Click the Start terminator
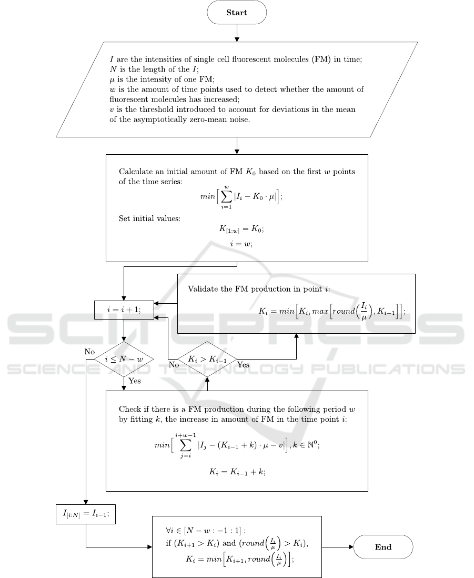[237, 12]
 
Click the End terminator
[383, 547]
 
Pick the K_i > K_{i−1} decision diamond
[207, 359]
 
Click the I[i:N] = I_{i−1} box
[85, 514]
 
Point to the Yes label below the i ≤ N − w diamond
[135, 381]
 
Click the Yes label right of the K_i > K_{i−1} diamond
[243, 364]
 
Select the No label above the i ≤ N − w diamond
[90, 351]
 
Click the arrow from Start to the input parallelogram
[237, 33]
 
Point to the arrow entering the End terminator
[337, 547]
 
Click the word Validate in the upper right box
[202, 289]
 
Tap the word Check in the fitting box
[129, 409]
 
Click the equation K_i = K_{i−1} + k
[237, 472]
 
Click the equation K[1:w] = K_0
[237, 230]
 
